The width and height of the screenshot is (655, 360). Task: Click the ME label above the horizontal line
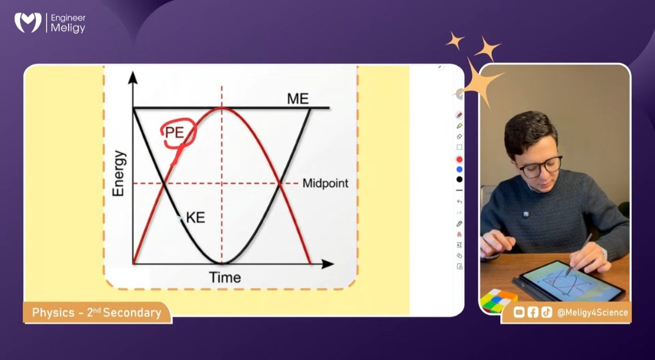click(298, 99)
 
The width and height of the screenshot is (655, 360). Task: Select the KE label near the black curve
click(196, 218)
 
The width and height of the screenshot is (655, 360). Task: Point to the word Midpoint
click(325, 183)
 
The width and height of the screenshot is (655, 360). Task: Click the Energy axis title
click(118, 173)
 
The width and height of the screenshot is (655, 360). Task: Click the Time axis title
click(225, 278)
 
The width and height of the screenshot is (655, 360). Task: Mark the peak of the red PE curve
click(222, 108)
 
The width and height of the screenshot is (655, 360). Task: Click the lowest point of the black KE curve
click(222, 263)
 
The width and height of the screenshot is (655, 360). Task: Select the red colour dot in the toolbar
click(459, 159)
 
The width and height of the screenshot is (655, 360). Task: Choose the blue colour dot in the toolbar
click(459, 169)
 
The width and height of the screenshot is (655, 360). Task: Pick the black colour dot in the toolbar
click(459, 179)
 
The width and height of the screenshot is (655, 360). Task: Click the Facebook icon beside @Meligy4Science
click(532, 313)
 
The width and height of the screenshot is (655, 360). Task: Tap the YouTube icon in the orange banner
click(519, 313)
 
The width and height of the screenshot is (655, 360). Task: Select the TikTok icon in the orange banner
click(546, 313)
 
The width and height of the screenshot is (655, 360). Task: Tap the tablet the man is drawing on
click(570, 281)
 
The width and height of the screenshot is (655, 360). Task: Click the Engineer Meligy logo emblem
click(28, 23)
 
